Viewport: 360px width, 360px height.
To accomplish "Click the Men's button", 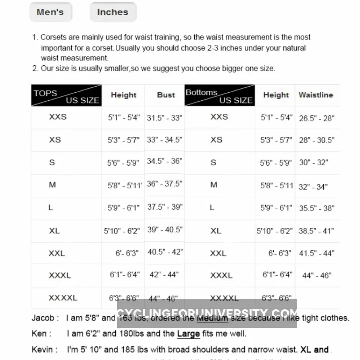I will tap(50, 12).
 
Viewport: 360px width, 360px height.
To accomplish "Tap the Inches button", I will tap(112, 12).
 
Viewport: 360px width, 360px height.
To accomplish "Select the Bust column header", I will tap(166, 95).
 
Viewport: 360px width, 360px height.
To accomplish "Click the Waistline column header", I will tap(316, 95).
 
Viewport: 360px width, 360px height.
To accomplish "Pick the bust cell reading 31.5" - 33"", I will tap(164, 118).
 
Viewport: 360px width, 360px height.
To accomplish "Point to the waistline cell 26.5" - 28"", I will tap(317, 118).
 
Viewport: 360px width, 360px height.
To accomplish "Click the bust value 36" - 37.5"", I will tap(164, 184).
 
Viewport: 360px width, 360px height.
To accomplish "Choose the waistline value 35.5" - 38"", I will tap(317, 208).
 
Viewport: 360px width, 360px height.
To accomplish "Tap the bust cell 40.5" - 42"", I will tap(165, 252).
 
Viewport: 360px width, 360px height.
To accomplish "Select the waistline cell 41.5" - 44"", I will tap(317, 254).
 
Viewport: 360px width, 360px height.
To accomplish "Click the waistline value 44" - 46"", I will tap(317, 276).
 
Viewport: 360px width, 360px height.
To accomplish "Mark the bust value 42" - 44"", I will tap(164, 275).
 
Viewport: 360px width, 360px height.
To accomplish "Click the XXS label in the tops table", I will tap(58, 117).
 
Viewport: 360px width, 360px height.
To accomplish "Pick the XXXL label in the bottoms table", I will tap(221, 276).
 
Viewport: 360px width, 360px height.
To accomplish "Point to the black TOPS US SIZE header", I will tap(67, 96).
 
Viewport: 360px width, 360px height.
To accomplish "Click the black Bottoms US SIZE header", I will tap(220, 96).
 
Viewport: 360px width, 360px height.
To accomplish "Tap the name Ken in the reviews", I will tap(40, 334).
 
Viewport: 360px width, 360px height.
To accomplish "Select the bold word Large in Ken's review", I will tap(188, 334).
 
